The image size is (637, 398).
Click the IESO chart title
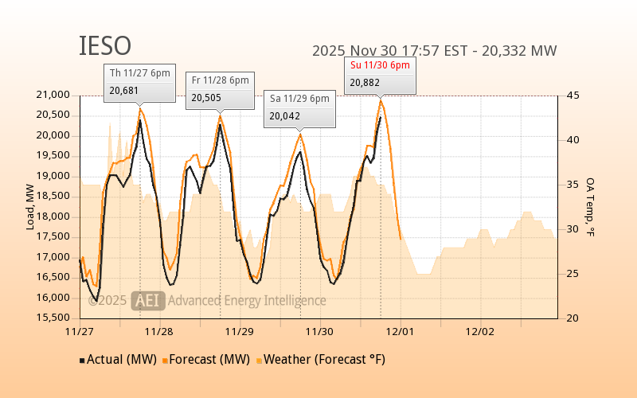(x=105, y=46)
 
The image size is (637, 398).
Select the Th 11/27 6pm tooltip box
(x=140, y=82)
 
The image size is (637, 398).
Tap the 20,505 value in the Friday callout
(x=205, y=98)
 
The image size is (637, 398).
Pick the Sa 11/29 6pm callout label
(x=299, y=99)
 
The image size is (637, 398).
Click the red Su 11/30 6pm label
(x=379, y=64)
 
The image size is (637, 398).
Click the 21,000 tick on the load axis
(x=54, y=96)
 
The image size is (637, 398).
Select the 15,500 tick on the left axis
(x=54, y=318)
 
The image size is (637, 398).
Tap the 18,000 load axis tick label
(x=54, y=217)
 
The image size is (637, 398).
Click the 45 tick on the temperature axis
(x=572, y=96)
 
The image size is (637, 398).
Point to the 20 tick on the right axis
(x=572, y=318)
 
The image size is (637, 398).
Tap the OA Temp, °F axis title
(x=590, y=207)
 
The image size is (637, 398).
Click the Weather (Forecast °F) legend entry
(x=320, y=360)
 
